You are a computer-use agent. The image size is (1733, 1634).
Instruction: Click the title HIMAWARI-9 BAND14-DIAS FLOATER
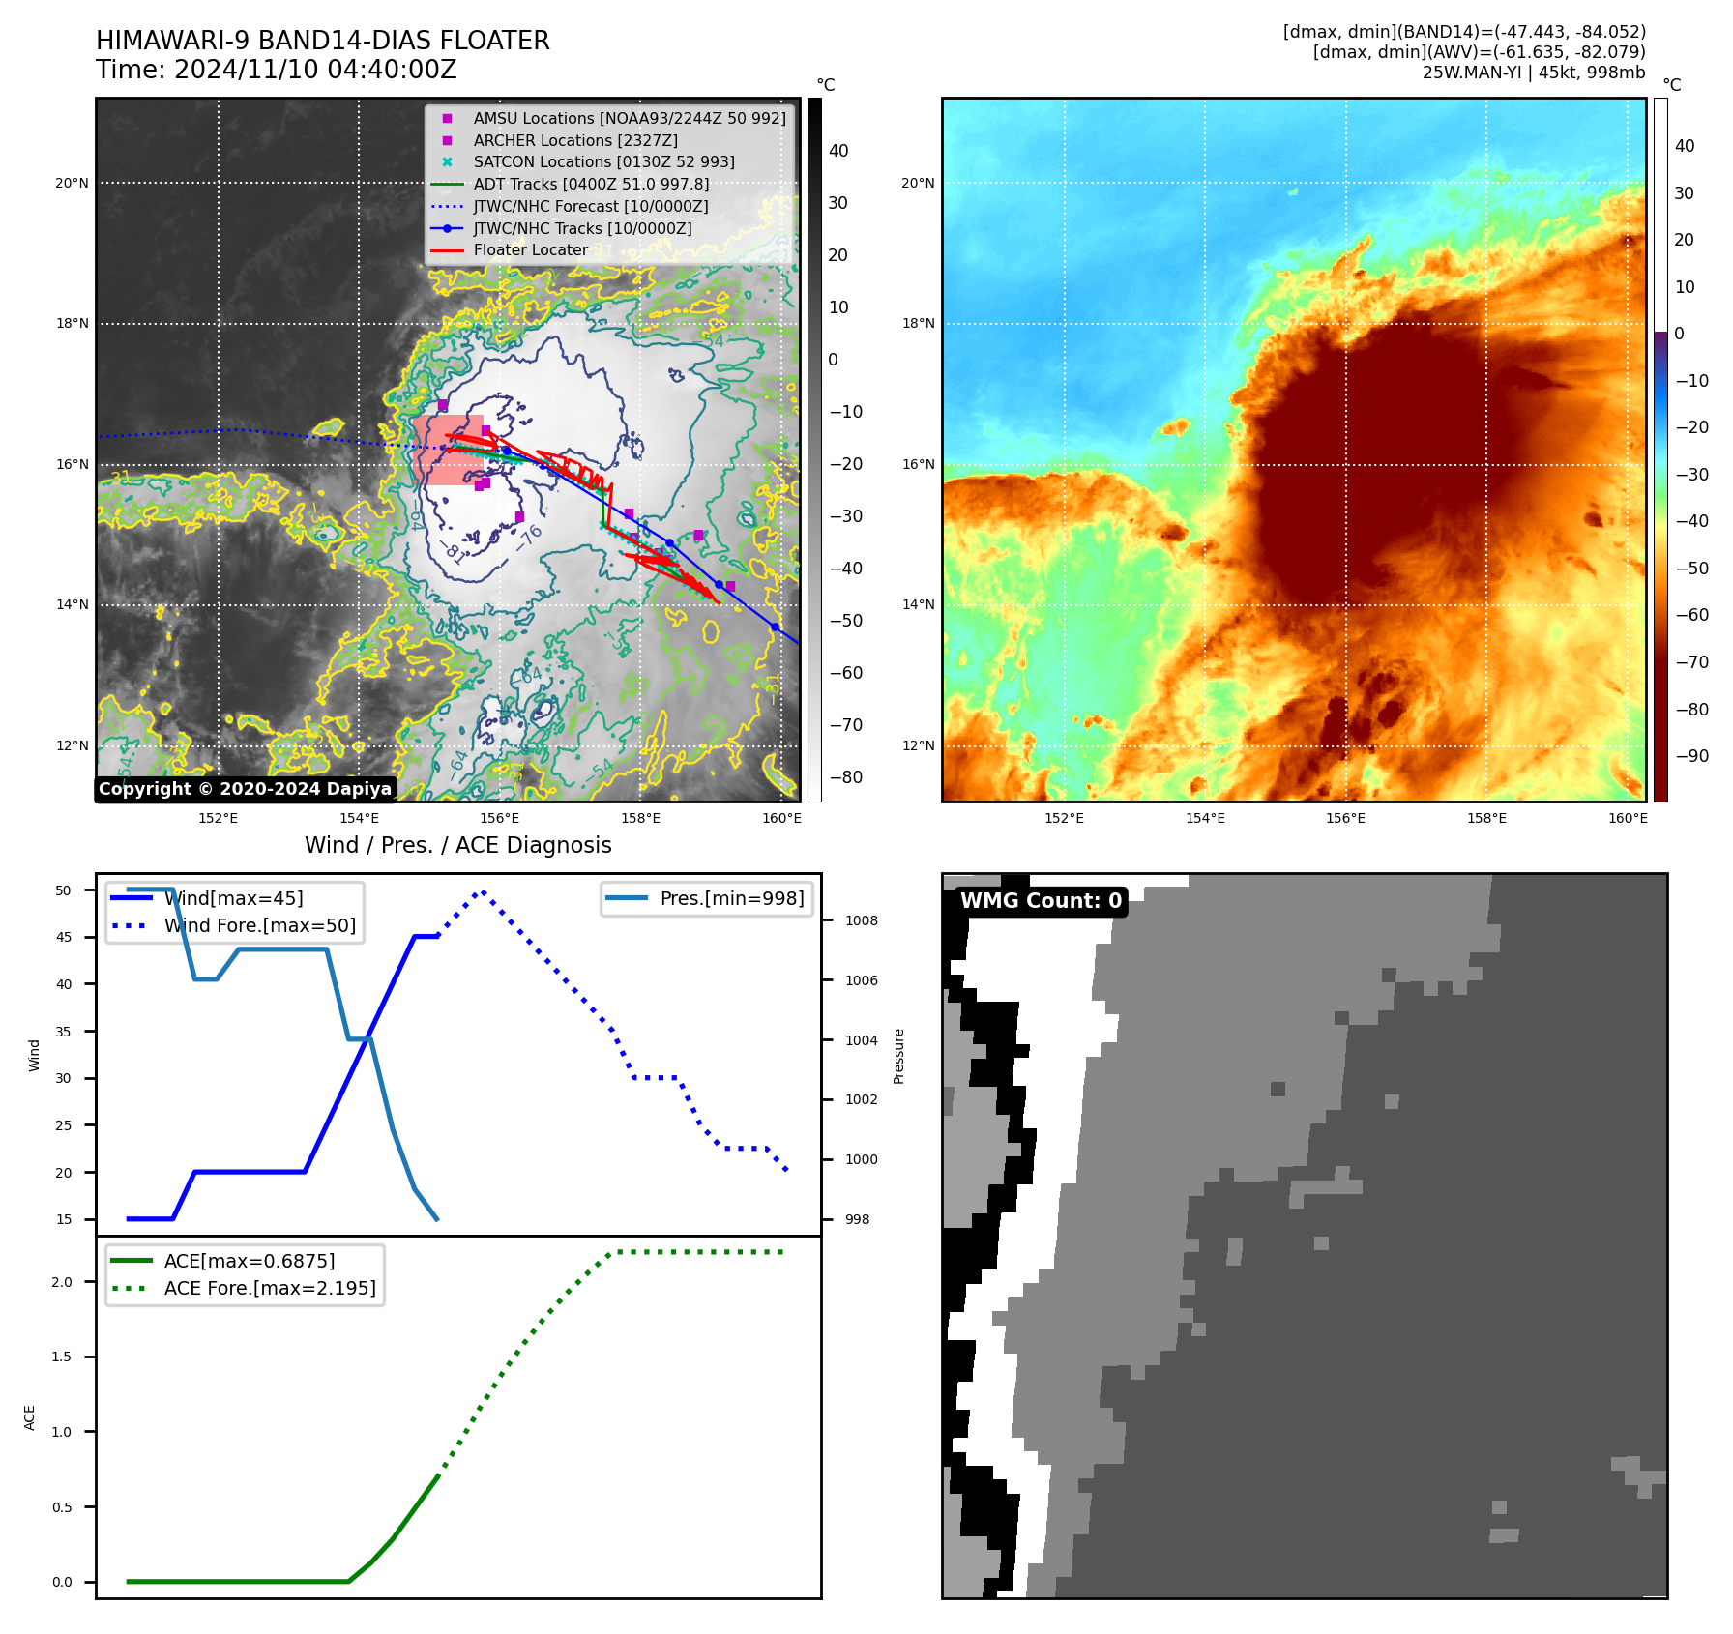coord(322,41)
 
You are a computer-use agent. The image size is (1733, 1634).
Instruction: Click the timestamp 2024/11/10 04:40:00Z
coord(314,70)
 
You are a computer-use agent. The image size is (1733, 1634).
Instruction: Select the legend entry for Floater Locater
coord(530,250)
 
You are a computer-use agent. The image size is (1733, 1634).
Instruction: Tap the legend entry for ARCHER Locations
coord(574,140)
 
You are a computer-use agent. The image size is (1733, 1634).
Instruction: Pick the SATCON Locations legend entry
coord(603,162)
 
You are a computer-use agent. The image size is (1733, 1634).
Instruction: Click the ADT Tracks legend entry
coord(591,185)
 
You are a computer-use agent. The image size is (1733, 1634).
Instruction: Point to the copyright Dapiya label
coord(245,789)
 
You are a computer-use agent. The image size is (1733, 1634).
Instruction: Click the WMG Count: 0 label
coord(1041,901)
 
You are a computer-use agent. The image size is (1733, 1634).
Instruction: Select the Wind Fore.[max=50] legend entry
coord(259,925)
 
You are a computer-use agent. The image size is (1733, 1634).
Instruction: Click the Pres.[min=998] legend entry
coord(731,898)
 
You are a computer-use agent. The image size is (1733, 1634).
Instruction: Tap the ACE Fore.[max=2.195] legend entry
coord(270,1288)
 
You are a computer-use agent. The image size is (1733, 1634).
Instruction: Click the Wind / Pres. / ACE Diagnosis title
coord(457,845)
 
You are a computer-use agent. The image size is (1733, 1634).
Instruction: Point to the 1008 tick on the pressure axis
coord(861,920)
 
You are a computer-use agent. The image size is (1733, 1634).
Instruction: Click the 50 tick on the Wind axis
coord(64,890)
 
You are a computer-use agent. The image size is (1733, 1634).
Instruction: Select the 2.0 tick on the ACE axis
coord(62,1282)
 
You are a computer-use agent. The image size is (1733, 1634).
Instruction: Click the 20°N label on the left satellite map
coord(72,183)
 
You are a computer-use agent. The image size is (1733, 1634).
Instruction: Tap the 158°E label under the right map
coord(1486,818)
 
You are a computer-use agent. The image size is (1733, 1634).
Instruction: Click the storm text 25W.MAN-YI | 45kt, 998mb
coord(1533,73)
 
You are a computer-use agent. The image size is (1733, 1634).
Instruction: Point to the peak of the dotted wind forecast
coord(483,891)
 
